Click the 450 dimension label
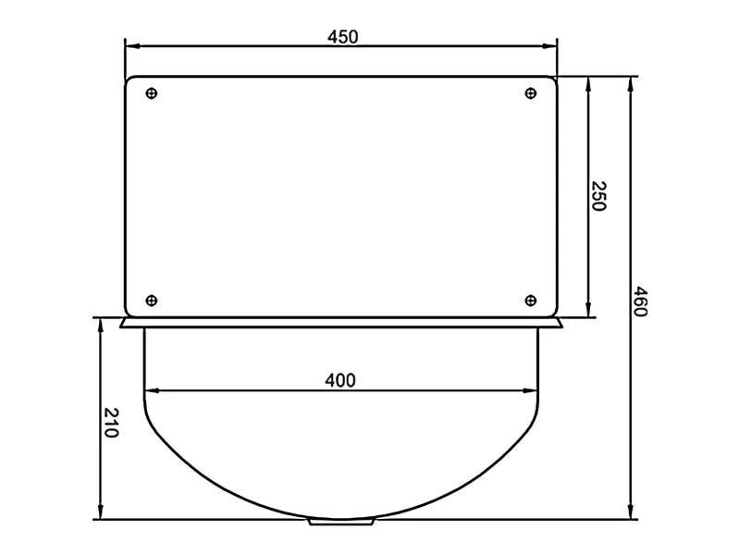(x=342, y=37)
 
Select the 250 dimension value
(x=598, y=196)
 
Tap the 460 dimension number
(x=639, y=302)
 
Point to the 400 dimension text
(x=339, y=380)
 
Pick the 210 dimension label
(x=110, y=423)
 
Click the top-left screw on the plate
(x=152, y=93)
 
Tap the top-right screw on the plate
(x=530, y=93)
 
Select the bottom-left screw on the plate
(x=152, y=300)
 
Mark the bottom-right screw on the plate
(x=530, y=300)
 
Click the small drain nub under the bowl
(x=340, y=522)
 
